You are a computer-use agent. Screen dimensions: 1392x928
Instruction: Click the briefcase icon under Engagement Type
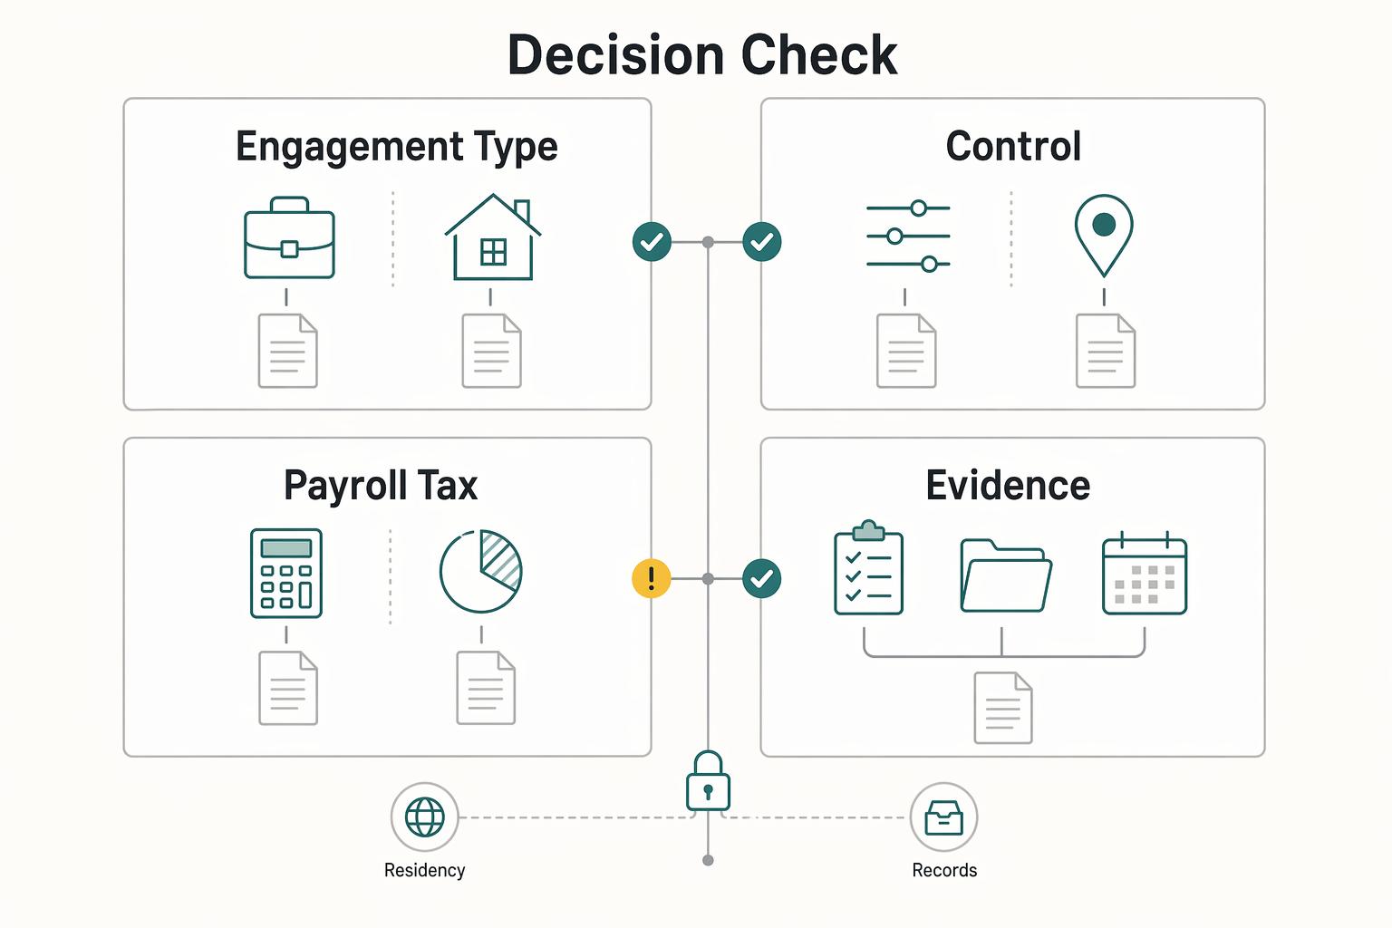tap(290, 237)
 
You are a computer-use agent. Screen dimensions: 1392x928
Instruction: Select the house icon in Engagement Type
tap(493, 237)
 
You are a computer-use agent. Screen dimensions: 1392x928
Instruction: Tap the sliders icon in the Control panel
tap(908, 237)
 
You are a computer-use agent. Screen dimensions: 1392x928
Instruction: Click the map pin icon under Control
tap(1104, 236)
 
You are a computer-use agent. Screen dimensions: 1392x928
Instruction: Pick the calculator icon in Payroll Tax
tap(285, 573)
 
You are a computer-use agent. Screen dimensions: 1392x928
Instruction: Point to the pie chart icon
tap(480, 571)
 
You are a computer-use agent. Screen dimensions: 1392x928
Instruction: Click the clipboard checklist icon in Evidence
tap(868, 567)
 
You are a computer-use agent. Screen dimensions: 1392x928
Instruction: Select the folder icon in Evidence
tap(1006, 575)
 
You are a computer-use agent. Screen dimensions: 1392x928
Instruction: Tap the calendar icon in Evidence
tap(1145, 573)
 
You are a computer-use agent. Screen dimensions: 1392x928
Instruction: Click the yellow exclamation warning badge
tap(652, 579)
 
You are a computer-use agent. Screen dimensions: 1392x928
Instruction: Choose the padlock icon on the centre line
tap(708, 781)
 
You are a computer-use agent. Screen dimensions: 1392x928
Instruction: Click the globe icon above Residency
tap(424, 817)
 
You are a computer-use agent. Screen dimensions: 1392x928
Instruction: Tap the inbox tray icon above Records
tap(944, 817)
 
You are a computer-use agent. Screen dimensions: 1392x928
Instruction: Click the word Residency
tap(424, 870)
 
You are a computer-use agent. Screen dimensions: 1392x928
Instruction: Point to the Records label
tap(944, 870)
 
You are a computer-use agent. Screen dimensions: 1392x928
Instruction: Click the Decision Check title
tap(702, 54)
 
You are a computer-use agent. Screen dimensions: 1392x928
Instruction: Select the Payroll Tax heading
tap(381, 486)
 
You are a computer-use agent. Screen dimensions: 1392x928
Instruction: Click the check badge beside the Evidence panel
tap(762, 579)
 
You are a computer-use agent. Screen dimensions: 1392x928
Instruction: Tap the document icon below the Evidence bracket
tap(1003, 708)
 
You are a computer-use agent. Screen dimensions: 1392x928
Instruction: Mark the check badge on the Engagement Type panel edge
tap(652, 242)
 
